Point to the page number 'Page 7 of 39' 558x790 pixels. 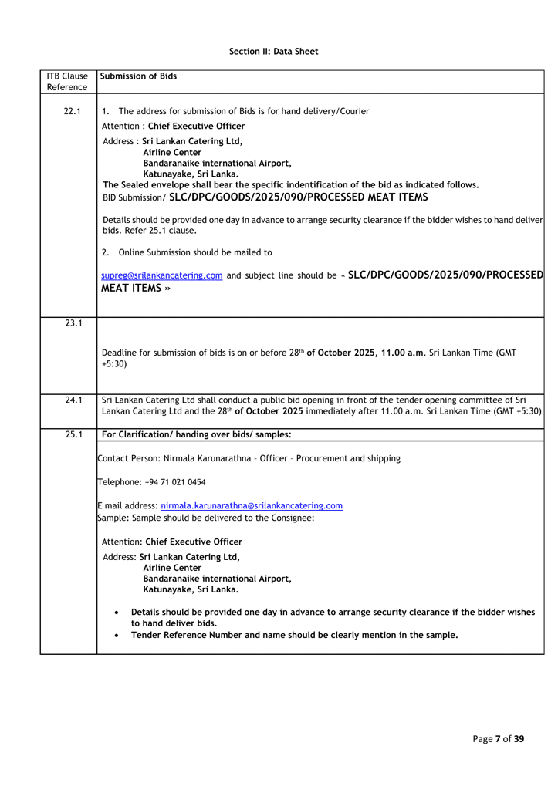point(498,739)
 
